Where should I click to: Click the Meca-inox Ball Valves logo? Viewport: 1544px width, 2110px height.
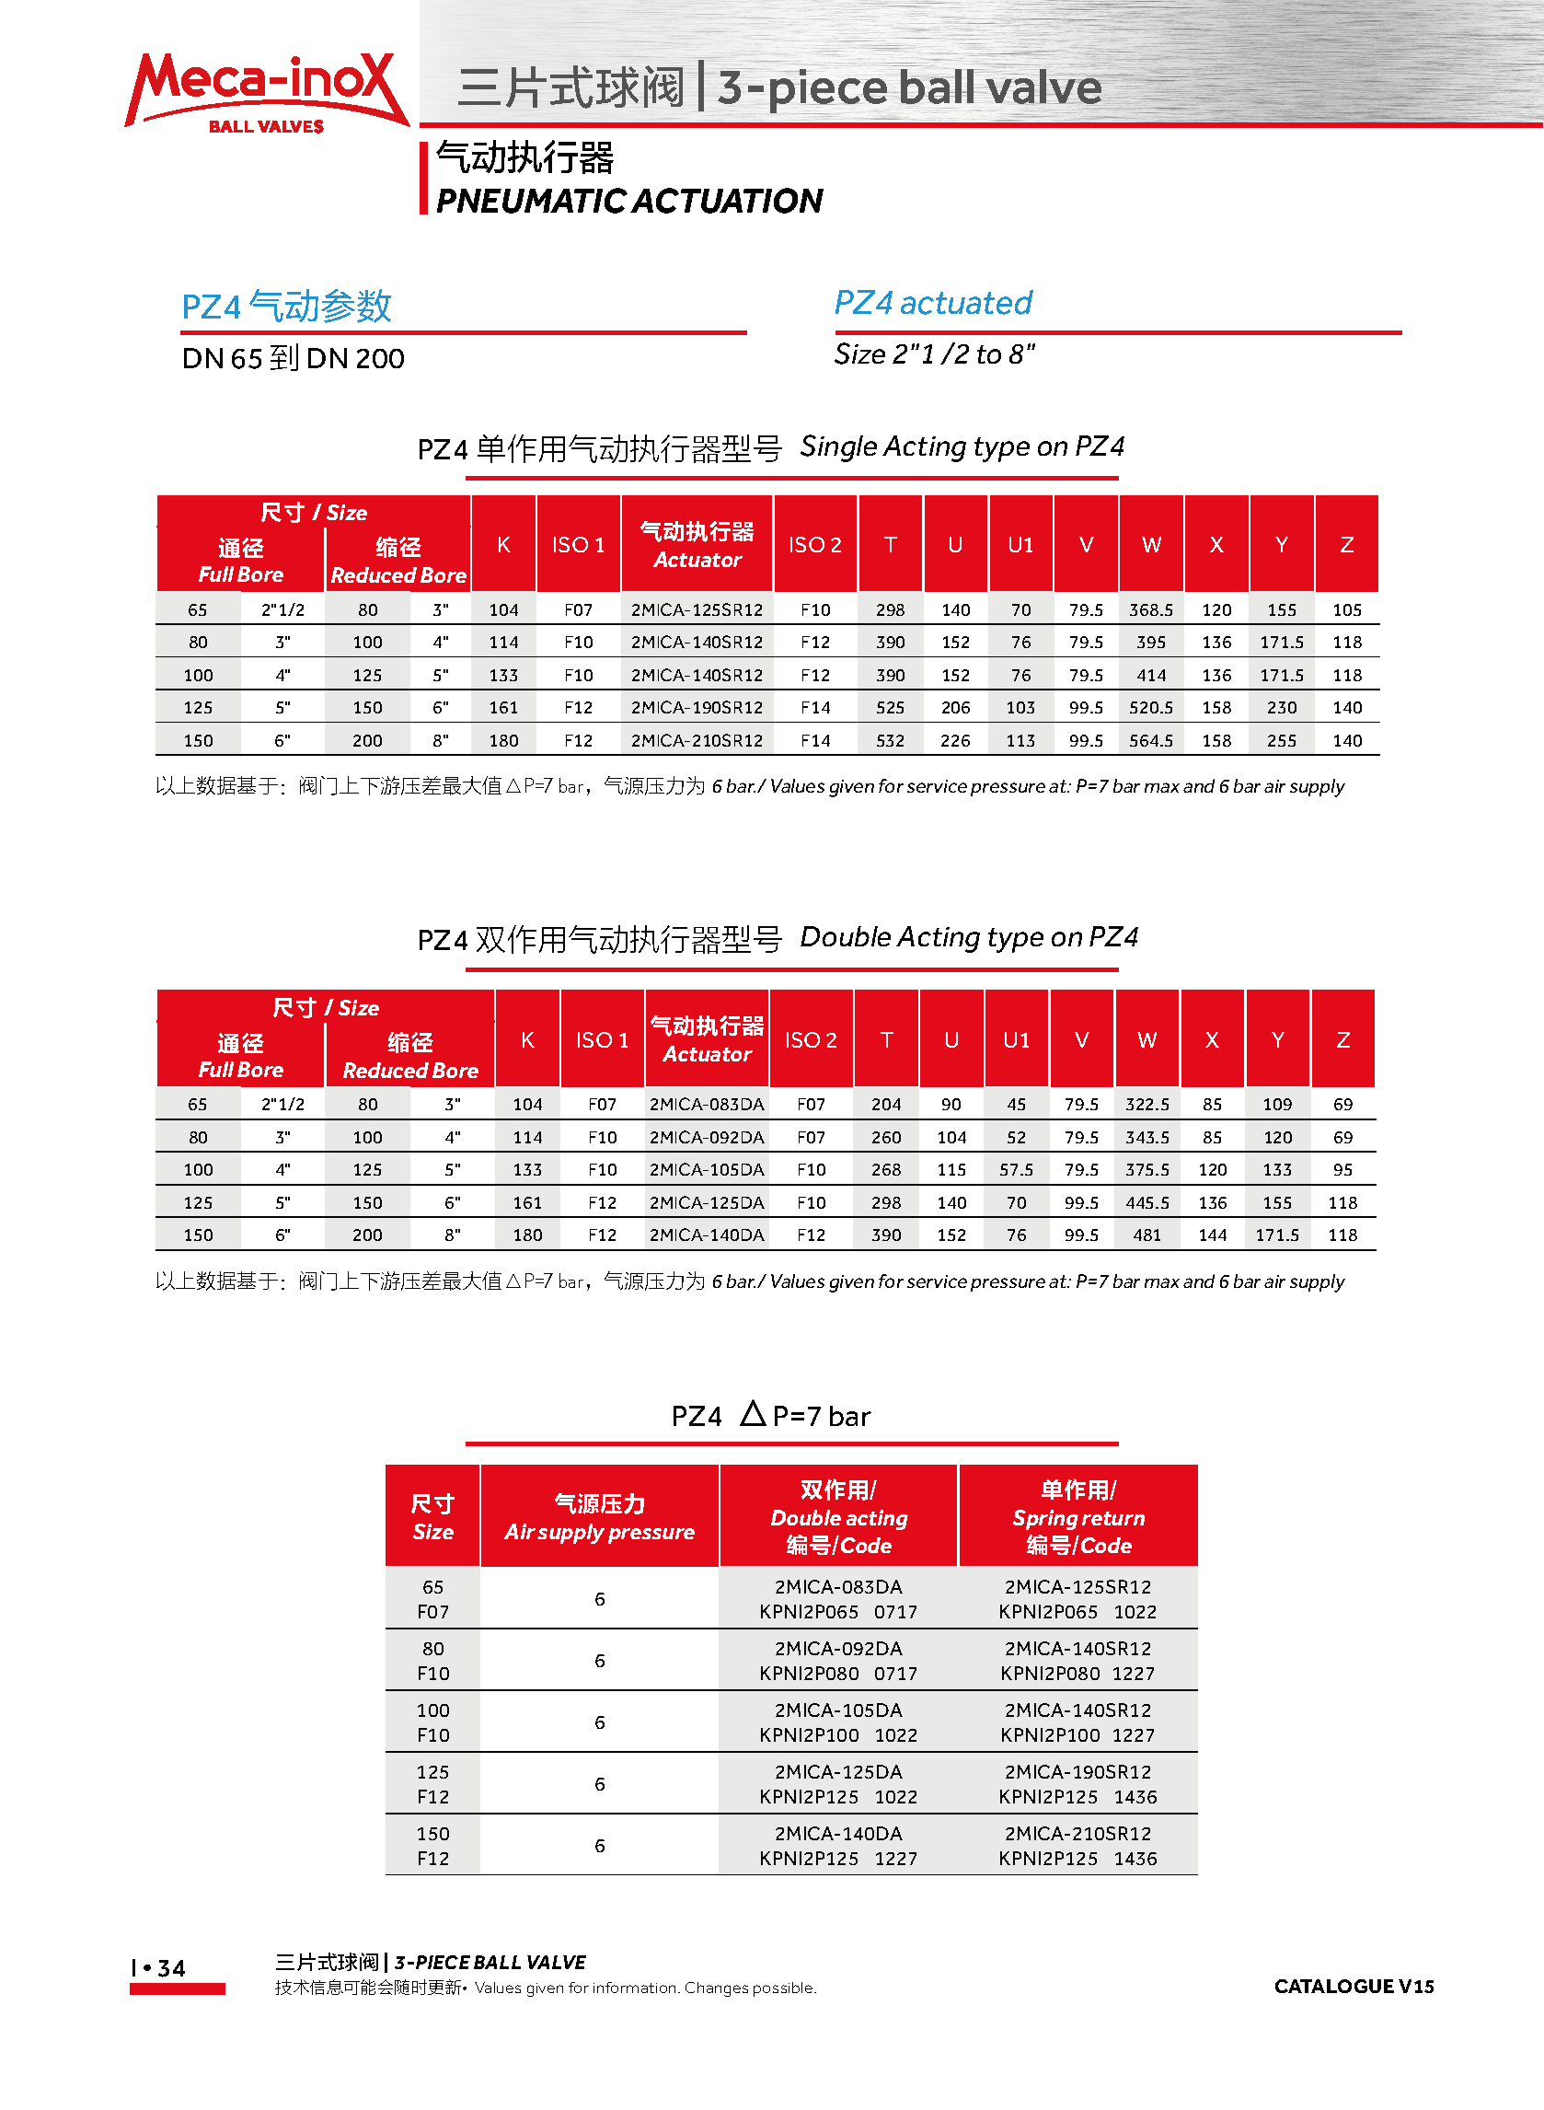tap(266, 92)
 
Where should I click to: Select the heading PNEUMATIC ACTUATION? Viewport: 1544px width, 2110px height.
tap(629, 201)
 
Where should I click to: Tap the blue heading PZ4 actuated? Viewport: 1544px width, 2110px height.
tap(933, 303)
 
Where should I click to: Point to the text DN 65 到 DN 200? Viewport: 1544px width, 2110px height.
tap(293, 358)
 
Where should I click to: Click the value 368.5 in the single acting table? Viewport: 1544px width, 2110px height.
tap(1150, 609)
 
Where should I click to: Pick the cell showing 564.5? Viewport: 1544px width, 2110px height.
tap(1150, 740)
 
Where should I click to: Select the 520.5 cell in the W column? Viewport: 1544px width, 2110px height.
tap(1150, 708)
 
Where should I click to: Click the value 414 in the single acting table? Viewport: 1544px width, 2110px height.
tap(1150, 675)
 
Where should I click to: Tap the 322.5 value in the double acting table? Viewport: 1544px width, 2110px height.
tap(1146, 1104)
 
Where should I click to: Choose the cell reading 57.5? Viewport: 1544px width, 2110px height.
tap(1016, 1169)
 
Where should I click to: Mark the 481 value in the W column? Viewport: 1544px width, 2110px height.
tap(1146, 1235)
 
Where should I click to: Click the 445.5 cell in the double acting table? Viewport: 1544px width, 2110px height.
tap(1146, 1202)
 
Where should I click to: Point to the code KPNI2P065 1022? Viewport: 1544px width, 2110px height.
tap(1077, 1612)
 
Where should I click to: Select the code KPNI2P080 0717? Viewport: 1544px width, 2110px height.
tap(838, 1674)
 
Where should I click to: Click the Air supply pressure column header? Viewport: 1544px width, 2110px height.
tap(599, 1517)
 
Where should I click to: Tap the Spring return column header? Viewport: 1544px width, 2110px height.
tap(1078, 1517)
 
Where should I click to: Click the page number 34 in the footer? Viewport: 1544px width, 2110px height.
tap(171, 1968)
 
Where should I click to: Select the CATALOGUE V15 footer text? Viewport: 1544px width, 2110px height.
tap(1354, 1987)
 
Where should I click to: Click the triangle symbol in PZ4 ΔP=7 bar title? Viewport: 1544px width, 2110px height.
tap(753, 1413)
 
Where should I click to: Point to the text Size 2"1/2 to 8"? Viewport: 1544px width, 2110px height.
tap(935, 354)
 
